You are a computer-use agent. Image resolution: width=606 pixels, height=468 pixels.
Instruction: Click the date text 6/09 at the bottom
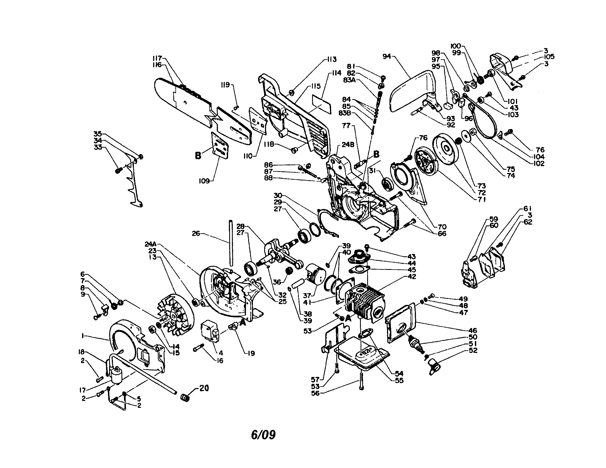coord(263,435)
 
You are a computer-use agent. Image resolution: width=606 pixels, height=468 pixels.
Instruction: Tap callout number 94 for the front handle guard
coord(386,56)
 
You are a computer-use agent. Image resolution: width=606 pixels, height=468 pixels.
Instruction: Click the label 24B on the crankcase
coord(348,145)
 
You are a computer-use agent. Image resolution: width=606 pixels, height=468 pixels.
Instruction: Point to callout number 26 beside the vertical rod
coord(196,233)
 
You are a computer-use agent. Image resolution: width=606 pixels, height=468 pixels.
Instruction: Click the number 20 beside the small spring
coord(204,388)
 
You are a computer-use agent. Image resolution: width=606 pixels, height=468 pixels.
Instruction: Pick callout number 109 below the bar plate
coord(204,182)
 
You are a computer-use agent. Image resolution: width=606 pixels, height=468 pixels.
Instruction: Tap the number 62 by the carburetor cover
coord(528,222)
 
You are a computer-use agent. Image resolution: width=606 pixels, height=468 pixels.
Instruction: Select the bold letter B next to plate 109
coord(198,156)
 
